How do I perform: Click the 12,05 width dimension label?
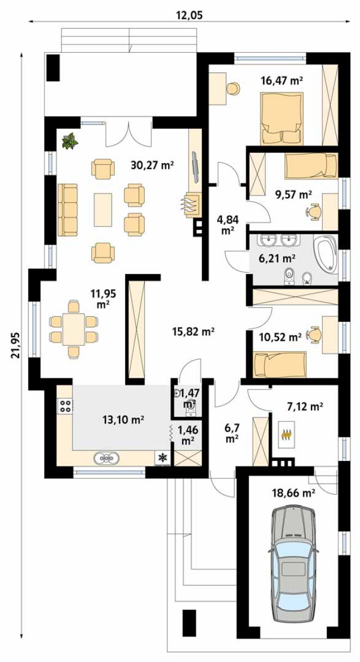(190, 15)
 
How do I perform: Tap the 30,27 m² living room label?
(152, 165)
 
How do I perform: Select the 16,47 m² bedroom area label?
(282, 80)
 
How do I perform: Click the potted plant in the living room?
(70, 141)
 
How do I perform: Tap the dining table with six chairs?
(73, 329)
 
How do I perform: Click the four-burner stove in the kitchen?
(65, 406)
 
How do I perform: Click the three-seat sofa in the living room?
(67, 210)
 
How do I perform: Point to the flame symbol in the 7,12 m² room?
(285, 435)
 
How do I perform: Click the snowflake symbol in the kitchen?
(162, 458)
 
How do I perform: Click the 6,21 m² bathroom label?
(277, 259)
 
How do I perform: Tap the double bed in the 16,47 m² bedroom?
(282, 119)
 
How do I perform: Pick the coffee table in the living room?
(103, 210)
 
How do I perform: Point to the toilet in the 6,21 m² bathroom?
(289, 276)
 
